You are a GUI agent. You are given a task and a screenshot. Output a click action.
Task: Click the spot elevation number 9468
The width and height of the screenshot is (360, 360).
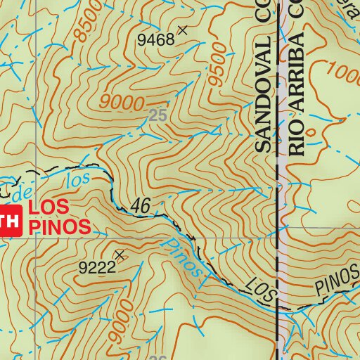(155, 39)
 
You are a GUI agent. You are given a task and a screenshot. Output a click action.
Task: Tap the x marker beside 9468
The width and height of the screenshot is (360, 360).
(183, 30)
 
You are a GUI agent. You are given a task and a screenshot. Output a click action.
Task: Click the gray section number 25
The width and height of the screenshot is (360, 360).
(158, 115)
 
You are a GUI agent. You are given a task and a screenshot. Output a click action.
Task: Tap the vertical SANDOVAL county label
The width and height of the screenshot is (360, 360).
(262, 96)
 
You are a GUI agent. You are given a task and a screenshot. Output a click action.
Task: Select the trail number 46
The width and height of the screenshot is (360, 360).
(141, 206)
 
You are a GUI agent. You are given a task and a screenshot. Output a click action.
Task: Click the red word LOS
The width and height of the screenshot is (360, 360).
(49, 208)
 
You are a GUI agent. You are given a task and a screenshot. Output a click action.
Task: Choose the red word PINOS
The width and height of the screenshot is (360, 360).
(59, 226)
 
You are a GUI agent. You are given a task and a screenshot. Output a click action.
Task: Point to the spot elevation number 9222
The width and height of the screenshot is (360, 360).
(97, 267)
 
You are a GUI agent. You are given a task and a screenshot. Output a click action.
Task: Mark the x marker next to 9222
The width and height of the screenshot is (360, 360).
(120, 255)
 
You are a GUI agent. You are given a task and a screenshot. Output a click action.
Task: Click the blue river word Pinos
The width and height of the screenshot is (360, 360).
(184, 258)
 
